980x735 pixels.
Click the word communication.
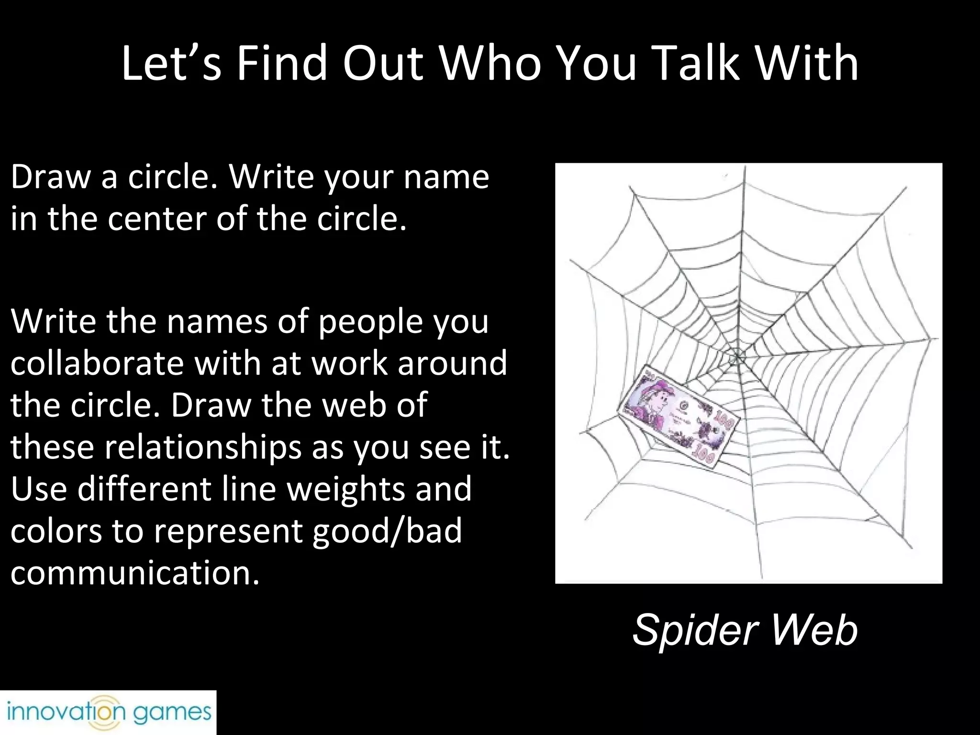click(x=135, y=572)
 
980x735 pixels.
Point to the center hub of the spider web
click(x=737, y=356)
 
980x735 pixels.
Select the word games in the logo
click(x=172, y=713)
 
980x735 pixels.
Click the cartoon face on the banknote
click(x=654, y=401)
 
